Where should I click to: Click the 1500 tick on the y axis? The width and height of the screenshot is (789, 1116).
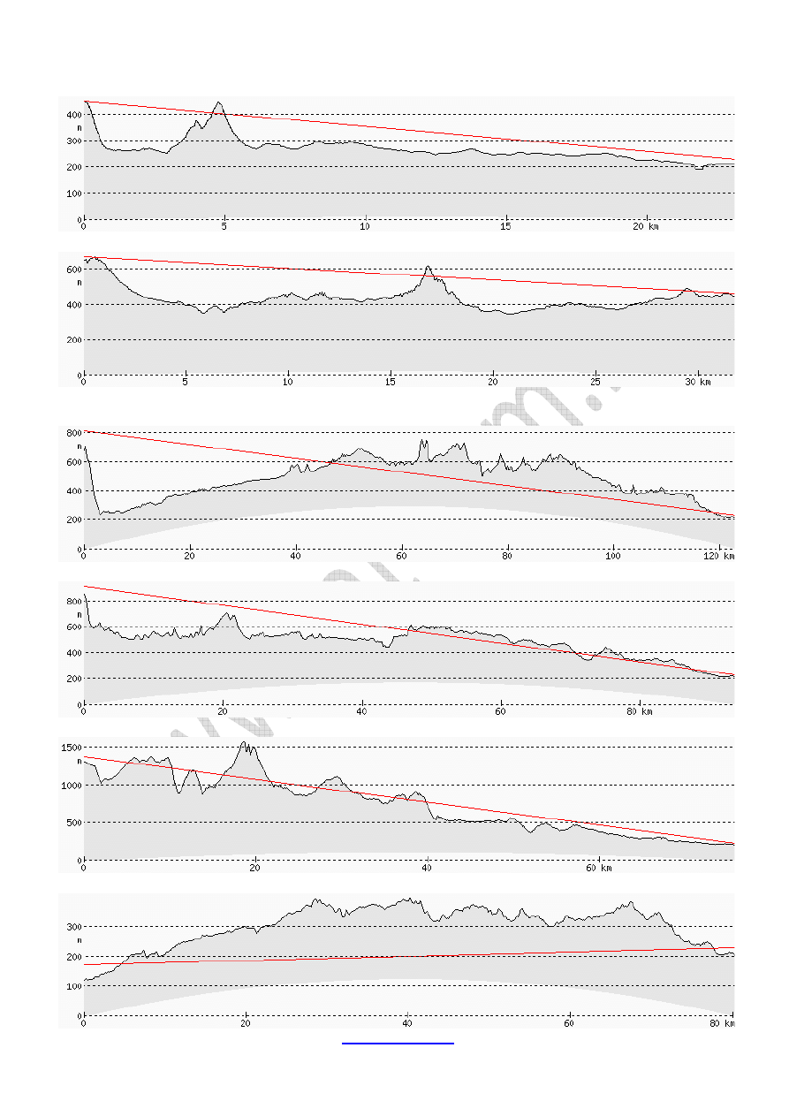point(72,748)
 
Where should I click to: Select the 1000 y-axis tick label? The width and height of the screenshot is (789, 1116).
point(72,785)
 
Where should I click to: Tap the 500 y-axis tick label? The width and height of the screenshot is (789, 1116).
point(73,823)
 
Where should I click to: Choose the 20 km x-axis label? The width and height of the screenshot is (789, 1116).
point(646,227)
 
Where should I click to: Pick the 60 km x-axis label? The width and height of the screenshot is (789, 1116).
point(604,868)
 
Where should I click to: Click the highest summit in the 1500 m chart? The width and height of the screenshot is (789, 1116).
point(245,742)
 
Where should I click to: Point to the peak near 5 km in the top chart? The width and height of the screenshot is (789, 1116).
point(218,102)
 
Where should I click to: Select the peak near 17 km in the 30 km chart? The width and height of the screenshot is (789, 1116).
point(428,266)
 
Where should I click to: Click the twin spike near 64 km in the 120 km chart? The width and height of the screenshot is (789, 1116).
point(423,440)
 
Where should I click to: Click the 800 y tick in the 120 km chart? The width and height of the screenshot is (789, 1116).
point(72,432)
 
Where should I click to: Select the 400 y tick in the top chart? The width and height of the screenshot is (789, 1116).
point(72,115)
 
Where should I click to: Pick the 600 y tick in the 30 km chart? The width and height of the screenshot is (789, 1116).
point(72,269)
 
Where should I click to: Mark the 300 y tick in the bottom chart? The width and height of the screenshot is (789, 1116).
point(72,926)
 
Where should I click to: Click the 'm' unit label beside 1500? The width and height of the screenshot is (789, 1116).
point(79,761)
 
